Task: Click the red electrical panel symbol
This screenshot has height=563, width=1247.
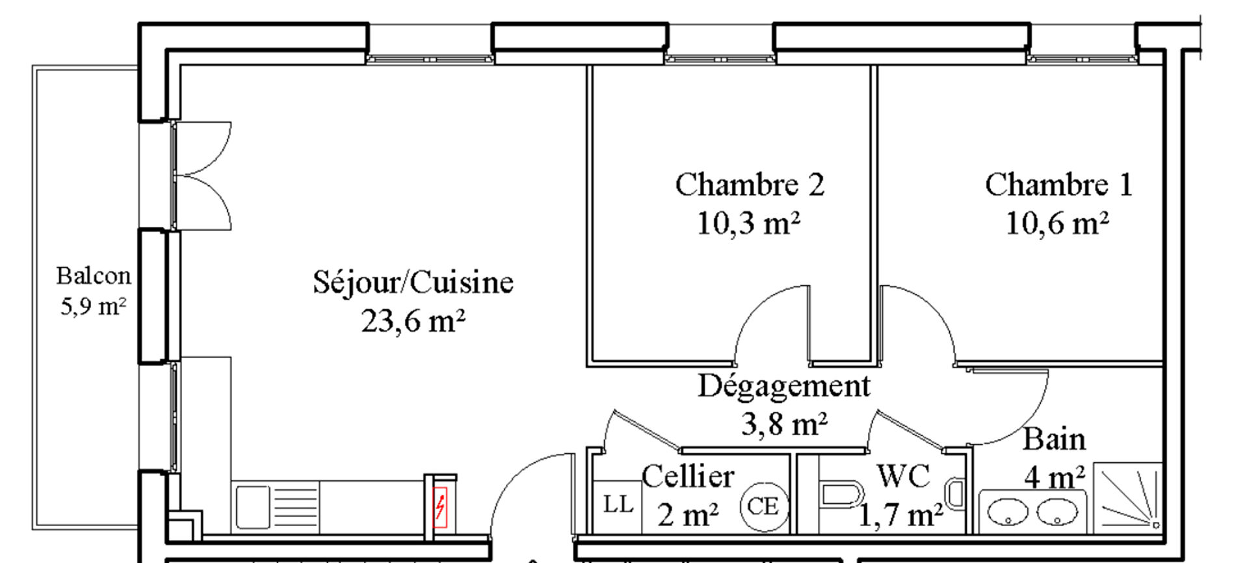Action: pyautogui.click(x=440, y=507)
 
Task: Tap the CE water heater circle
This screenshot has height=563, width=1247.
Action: pyautogui.click(x=763, y=506)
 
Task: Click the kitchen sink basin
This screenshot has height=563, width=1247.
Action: pyautogui.click(x=253, y=507)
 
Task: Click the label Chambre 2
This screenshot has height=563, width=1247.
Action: pyautogui.click(x=750, y=185)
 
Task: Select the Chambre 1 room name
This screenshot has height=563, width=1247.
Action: pyautogui.click(x=1058, y=185)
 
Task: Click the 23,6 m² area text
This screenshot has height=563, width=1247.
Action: pyautogui.click(x=413, y=321)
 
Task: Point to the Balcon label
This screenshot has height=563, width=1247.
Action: pyautogui.click(x=94, y=276)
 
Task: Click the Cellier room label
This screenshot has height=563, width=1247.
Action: pyautogui.click(x=688, y=477)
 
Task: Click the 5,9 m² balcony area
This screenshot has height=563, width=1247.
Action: pyautogui.click(x=93, y=306)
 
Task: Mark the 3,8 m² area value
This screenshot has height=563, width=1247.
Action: pyautogui.click(x=784, y=425)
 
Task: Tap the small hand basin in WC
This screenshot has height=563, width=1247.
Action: pyautogui.click(x=954, y=495)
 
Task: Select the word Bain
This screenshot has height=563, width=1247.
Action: pyautogui.click(x=1054, y=439)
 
